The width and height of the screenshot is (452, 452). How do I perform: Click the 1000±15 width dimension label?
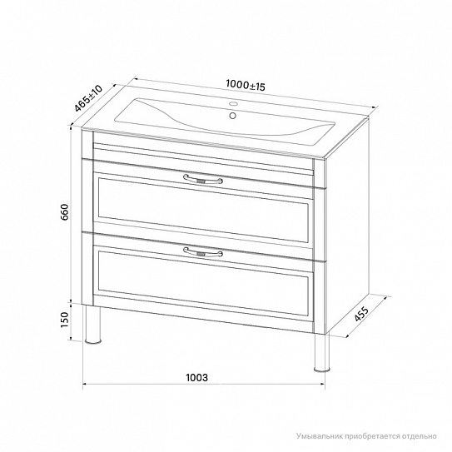246,85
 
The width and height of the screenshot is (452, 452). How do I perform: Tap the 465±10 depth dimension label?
88,98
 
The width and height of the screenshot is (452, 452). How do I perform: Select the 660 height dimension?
65,212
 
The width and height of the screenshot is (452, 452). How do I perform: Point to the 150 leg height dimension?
65,320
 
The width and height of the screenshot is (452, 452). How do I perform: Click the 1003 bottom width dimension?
196,377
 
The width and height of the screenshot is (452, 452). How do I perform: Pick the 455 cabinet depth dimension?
361,314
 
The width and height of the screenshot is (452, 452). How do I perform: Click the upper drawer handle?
203,179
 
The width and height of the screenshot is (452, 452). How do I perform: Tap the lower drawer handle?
203,252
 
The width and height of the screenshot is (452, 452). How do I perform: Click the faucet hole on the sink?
234,103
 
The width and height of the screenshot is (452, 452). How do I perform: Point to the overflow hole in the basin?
232,116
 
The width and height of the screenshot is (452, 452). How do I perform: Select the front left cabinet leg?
93,325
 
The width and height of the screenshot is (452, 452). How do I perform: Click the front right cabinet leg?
321,352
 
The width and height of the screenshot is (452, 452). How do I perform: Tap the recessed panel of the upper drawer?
203,210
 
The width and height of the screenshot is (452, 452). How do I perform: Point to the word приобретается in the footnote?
372,436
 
